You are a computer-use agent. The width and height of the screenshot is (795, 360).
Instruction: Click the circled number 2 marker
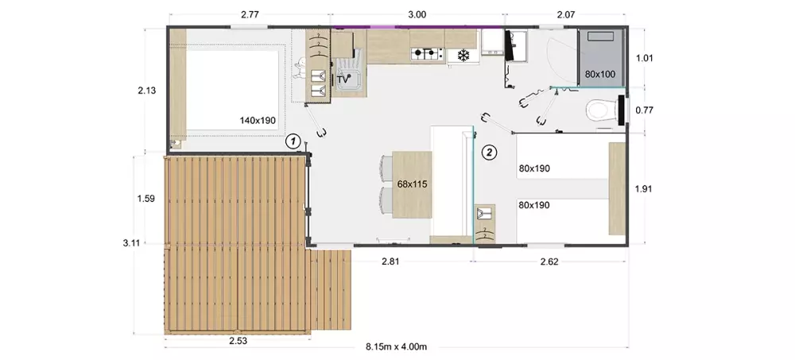[489, 151]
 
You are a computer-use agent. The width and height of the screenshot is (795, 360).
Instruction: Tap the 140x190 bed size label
[257, 120]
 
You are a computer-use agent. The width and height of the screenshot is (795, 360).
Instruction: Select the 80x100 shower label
[600, 74]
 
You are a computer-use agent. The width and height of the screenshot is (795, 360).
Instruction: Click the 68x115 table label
[412, 184]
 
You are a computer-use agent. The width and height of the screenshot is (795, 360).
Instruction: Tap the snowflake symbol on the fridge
[463, 54]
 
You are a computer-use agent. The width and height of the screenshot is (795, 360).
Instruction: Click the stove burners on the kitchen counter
[425, 52]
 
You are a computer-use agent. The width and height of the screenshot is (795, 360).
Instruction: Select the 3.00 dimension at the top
[417, 15]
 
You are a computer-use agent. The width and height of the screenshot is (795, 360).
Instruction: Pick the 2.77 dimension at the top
[250, 15]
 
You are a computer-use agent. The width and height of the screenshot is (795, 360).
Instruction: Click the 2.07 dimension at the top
[566, 15]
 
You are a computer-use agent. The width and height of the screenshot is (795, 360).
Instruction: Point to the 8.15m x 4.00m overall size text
[397, 346]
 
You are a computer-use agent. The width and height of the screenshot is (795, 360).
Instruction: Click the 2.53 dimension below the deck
[238, 341]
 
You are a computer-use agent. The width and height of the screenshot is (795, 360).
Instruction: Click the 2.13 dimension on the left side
[146, 91]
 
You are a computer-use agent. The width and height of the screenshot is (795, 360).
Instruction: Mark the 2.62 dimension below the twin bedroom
[549, 262]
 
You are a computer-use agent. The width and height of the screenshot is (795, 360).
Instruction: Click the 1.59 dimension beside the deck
[146, 198]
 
